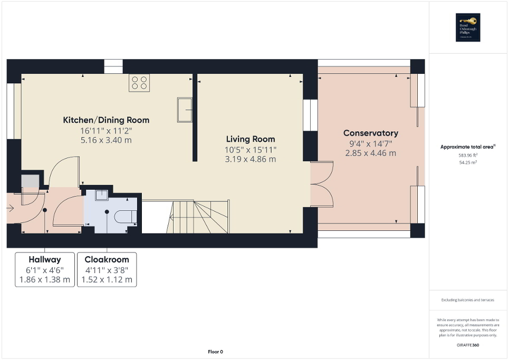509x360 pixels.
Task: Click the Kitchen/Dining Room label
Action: click(x=106, y=120)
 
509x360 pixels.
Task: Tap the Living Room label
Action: click(x=251, y=139)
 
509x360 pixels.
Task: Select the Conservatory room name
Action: click(x=370, y=133)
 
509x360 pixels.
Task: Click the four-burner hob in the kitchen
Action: click(x=139, y=83)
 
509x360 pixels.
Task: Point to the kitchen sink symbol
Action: click(x=184, y=110)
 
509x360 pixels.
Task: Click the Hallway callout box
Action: click(x=45, y=269)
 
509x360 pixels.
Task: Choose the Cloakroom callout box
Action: click(x=107, y=269)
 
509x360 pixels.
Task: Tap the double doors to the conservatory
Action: click(x=322, y=184)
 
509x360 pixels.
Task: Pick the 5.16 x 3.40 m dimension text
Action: click(x=106, y=140)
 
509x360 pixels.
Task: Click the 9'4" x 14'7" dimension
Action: click(x=370, y=143)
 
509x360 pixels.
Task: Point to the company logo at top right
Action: click(x=469, y=27)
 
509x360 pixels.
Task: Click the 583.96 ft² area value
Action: click(x=468, y=155)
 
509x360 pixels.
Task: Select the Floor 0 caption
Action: click(x=215, y=352)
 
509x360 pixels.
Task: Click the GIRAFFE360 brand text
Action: click(x=468, y=344)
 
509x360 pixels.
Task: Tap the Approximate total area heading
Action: click(x=468, y=147)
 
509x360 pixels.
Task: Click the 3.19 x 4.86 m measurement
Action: click(x=251, y=159)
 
